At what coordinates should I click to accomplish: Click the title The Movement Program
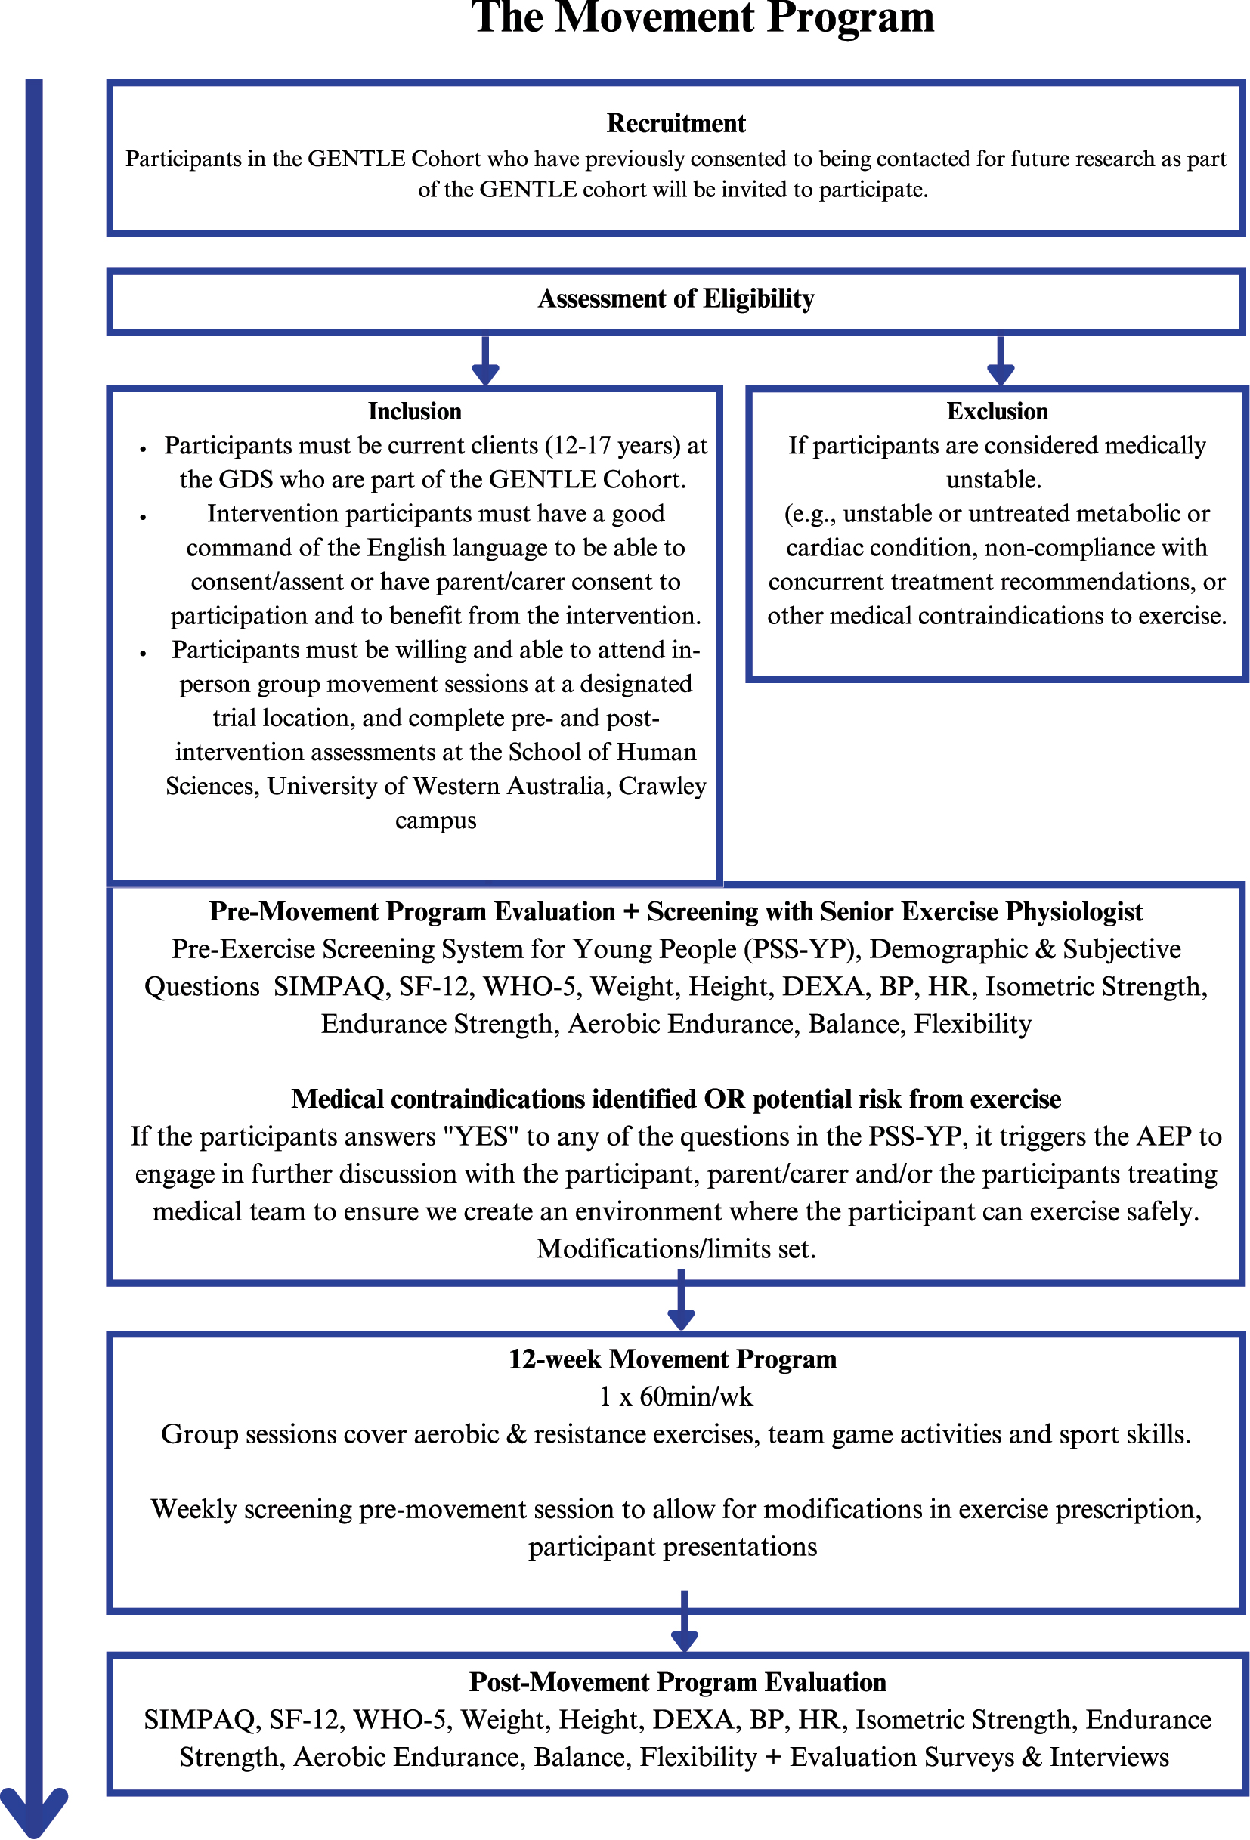pos(702,17)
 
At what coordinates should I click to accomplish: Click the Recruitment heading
pos(676,123)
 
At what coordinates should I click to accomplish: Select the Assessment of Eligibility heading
pos(676,298)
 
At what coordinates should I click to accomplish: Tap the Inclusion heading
pos(414,412)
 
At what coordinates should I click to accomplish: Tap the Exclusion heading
pos(996,412)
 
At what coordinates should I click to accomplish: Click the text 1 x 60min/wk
pos(676,1396)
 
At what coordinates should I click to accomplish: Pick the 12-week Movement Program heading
pos(672,1359)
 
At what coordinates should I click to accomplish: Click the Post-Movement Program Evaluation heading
pos(677,1681)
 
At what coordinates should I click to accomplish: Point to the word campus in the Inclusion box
pos(435,820)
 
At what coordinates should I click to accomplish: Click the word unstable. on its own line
pos(994,480)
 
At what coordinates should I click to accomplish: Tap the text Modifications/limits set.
pos(676,1248)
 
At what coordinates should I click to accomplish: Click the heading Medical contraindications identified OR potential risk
pos(676,1099)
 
